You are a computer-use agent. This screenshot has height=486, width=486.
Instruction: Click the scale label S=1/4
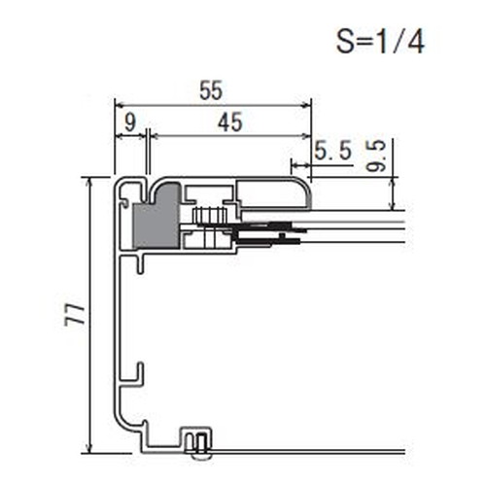[x=380, y=42]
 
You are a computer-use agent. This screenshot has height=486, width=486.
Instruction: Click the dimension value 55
[x=211, y=90]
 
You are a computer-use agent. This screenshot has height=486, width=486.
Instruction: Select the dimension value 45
[x=230, y=122]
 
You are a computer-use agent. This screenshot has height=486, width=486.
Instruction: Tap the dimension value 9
[x=130, y=122]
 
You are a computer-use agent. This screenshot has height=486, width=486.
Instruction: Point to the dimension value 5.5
[x=333, y=151]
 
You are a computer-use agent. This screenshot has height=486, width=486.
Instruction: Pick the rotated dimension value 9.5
[x=376, y=156]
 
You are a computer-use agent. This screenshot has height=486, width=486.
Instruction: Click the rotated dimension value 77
[x=75, y=315]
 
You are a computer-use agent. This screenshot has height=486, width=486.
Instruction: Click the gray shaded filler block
[x=156, y=217]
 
